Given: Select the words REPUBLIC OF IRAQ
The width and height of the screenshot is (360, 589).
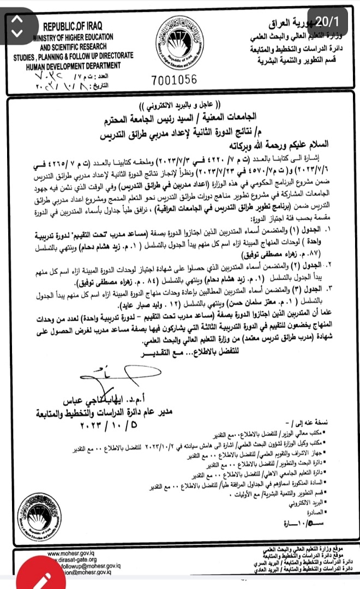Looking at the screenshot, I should coord(73,26).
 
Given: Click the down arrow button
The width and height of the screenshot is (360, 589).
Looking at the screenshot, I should coord(17,32).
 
